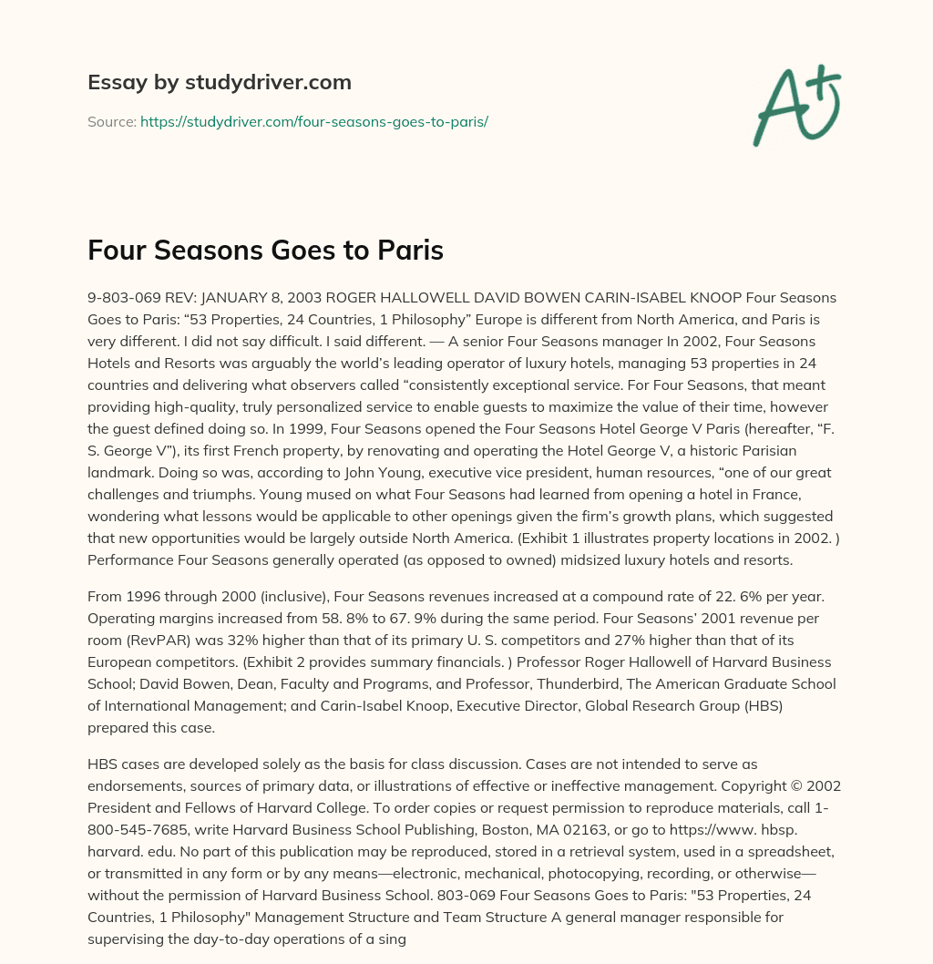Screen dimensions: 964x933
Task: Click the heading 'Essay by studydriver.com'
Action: pos(220,82)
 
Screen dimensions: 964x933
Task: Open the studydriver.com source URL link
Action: pos(314,121)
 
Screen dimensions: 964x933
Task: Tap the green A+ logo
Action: pos(795,105)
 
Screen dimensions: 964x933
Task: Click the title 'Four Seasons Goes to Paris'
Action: pos(265,251)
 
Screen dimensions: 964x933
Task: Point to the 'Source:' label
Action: pos(111,121)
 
